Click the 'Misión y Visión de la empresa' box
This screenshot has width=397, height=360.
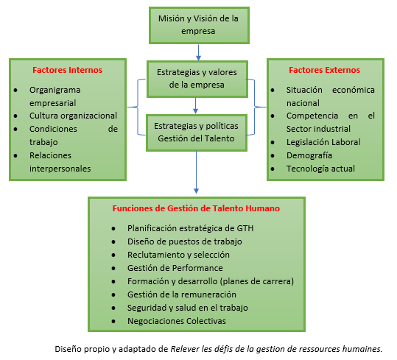click(198, 25)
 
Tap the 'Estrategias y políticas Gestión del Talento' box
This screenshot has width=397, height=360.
click(197, 131)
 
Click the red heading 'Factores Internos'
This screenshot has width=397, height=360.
click(67, 71)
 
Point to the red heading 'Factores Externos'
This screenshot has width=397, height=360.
click(325, 71)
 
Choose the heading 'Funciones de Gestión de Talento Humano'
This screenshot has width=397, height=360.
click(196, 208)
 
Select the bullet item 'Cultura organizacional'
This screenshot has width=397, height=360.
click(73, 116)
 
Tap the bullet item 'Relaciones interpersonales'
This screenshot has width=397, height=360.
click(60, 161)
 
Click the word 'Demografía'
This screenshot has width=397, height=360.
click(309, 155)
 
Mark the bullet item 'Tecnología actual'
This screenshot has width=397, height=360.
click(321, 169)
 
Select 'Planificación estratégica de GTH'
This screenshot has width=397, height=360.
click(190, 228)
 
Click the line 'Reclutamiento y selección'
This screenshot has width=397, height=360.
click(178, 255)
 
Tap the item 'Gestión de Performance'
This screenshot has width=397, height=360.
click(175, 268)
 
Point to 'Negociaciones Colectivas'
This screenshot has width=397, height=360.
click(178, 321)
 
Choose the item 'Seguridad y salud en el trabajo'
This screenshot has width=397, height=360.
click(188, 308)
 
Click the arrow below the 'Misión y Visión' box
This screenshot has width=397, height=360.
click(198, 51)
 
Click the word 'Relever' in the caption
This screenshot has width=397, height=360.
click(186, 348)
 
